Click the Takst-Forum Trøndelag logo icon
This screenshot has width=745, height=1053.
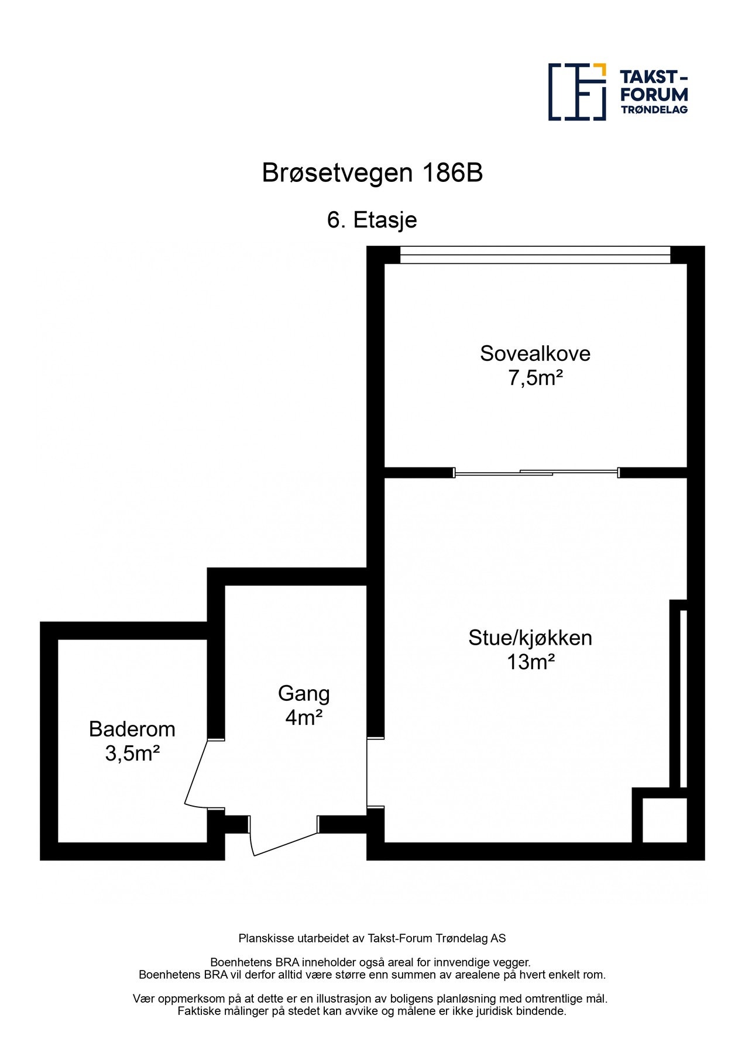pos(577,92)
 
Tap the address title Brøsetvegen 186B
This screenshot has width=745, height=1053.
pos(372,173)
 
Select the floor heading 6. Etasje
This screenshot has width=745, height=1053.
pos(372,220)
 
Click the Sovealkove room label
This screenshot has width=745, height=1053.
pos(535,353)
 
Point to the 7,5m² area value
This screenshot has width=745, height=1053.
pos(535,378)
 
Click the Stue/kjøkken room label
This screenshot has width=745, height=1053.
pos(530,638)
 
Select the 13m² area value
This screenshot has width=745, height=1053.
pos(530,662)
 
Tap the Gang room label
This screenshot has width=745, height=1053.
pos(304,693)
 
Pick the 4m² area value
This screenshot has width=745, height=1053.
pos(304,718)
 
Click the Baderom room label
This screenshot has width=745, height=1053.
pos(132,729)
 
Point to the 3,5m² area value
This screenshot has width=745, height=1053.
pos(132,753)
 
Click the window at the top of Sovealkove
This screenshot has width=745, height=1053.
pos(535,255)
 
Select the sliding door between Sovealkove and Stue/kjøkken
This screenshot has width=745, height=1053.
pos(536,473)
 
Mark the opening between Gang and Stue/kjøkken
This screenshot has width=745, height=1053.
pos(375,772)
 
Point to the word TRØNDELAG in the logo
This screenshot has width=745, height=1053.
pos(654,109)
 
